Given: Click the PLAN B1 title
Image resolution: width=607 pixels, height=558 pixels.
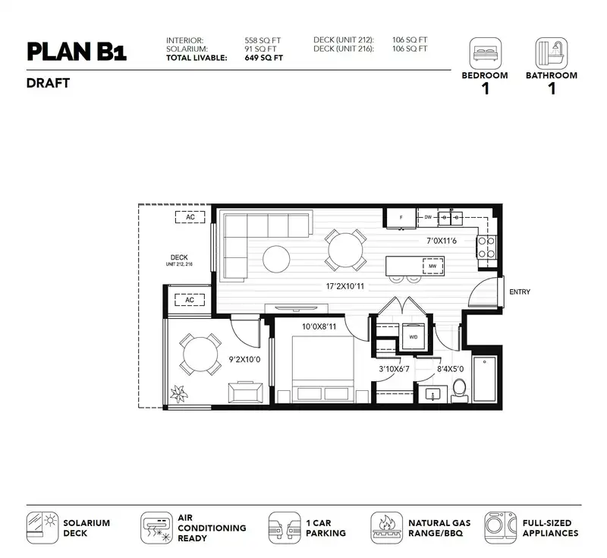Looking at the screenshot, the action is (77, 52).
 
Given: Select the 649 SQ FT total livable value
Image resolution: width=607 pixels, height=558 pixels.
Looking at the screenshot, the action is (263, 58).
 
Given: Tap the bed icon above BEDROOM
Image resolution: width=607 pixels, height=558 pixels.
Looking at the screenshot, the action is (486, 53).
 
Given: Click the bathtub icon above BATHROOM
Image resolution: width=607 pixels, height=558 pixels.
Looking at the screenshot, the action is (552, 53).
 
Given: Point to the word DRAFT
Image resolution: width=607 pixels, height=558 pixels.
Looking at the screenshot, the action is (48, 84).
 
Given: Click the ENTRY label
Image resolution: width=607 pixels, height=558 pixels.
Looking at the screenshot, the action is (520, 292).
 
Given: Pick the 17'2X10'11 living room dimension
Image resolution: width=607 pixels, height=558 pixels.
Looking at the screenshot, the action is (345, 286).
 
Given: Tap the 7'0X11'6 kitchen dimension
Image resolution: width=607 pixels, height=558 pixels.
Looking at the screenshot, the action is (442, 241).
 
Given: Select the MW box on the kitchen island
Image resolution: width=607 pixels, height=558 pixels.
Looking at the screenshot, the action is (432, 266).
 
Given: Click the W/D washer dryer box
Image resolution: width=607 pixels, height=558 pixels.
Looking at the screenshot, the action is (414, 336).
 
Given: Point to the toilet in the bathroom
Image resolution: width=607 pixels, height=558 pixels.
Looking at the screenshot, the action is (460, 391).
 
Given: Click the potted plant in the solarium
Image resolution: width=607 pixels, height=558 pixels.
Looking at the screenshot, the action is (178, 394).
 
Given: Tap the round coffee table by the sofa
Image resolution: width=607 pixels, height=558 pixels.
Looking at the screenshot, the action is (276, 260).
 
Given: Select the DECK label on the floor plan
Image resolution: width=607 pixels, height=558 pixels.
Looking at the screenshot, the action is (179, 257).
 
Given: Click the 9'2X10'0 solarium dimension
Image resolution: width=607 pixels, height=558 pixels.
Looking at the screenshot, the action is (244, 360).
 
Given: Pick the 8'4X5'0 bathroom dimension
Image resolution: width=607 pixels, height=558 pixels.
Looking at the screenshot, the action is (450, 369).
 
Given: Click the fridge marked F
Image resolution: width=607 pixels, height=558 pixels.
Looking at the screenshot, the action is (401, 218).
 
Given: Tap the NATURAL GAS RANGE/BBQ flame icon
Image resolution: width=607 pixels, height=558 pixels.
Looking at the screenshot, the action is (386, 528).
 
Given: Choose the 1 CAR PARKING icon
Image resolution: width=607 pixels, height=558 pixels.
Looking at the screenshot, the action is (285, 528).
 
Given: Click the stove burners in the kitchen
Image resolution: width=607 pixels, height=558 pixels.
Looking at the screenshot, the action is (486, 247).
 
